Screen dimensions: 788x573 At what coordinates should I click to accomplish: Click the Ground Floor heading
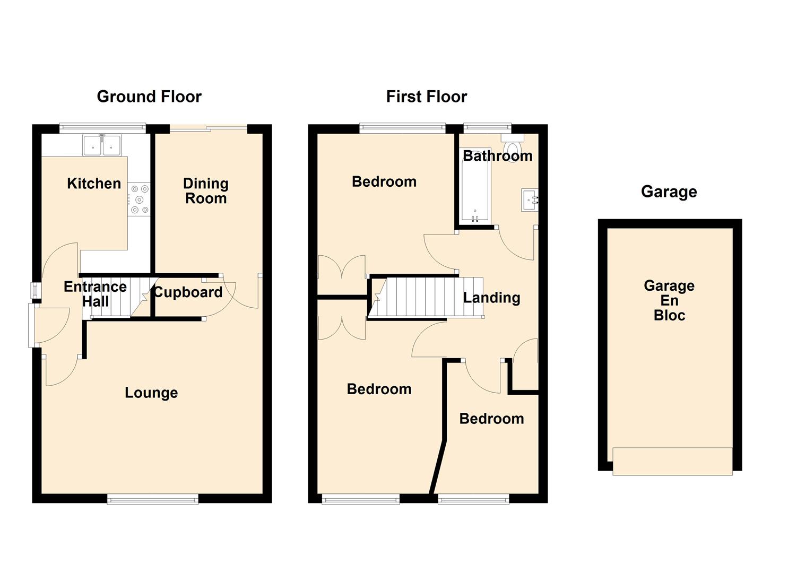pos(149,97)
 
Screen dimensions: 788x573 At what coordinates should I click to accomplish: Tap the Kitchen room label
pos(94,184)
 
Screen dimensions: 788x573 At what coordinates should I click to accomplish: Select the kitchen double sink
pos(102,145)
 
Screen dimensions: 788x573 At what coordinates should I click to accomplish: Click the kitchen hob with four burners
pos(139,199)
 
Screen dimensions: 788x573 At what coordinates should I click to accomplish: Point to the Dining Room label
pos(206,191)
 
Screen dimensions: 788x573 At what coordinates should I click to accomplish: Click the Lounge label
pos(151,393)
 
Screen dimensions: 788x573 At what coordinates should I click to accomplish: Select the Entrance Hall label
pos(96,294)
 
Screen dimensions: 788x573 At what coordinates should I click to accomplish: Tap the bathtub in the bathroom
pos(475,185)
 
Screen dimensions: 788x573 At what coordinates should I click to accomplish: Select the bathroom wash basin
pos(530,200)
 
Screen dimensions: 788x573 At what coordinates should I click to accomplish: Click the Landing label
pos(491,298)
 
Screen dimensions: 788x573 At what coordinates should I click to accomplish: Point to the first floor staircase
pos(426,297)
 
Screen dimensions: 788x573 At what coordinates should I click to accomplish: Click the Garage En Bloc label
pos(669,301)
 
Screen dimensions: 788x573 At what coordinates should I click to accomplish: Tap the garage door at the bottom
pos(673,462)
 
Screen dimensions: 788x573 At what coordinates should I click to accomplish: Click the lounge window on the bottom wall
pos(153,499)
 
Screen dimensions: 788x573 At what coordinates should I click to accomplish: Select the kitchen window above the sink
pos(102,128)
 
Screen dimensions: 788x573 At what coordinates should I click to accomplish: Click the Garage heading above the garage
pos(669,192)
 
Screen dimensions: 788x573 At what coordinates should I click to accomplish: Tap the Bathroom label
pos(497,156)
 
